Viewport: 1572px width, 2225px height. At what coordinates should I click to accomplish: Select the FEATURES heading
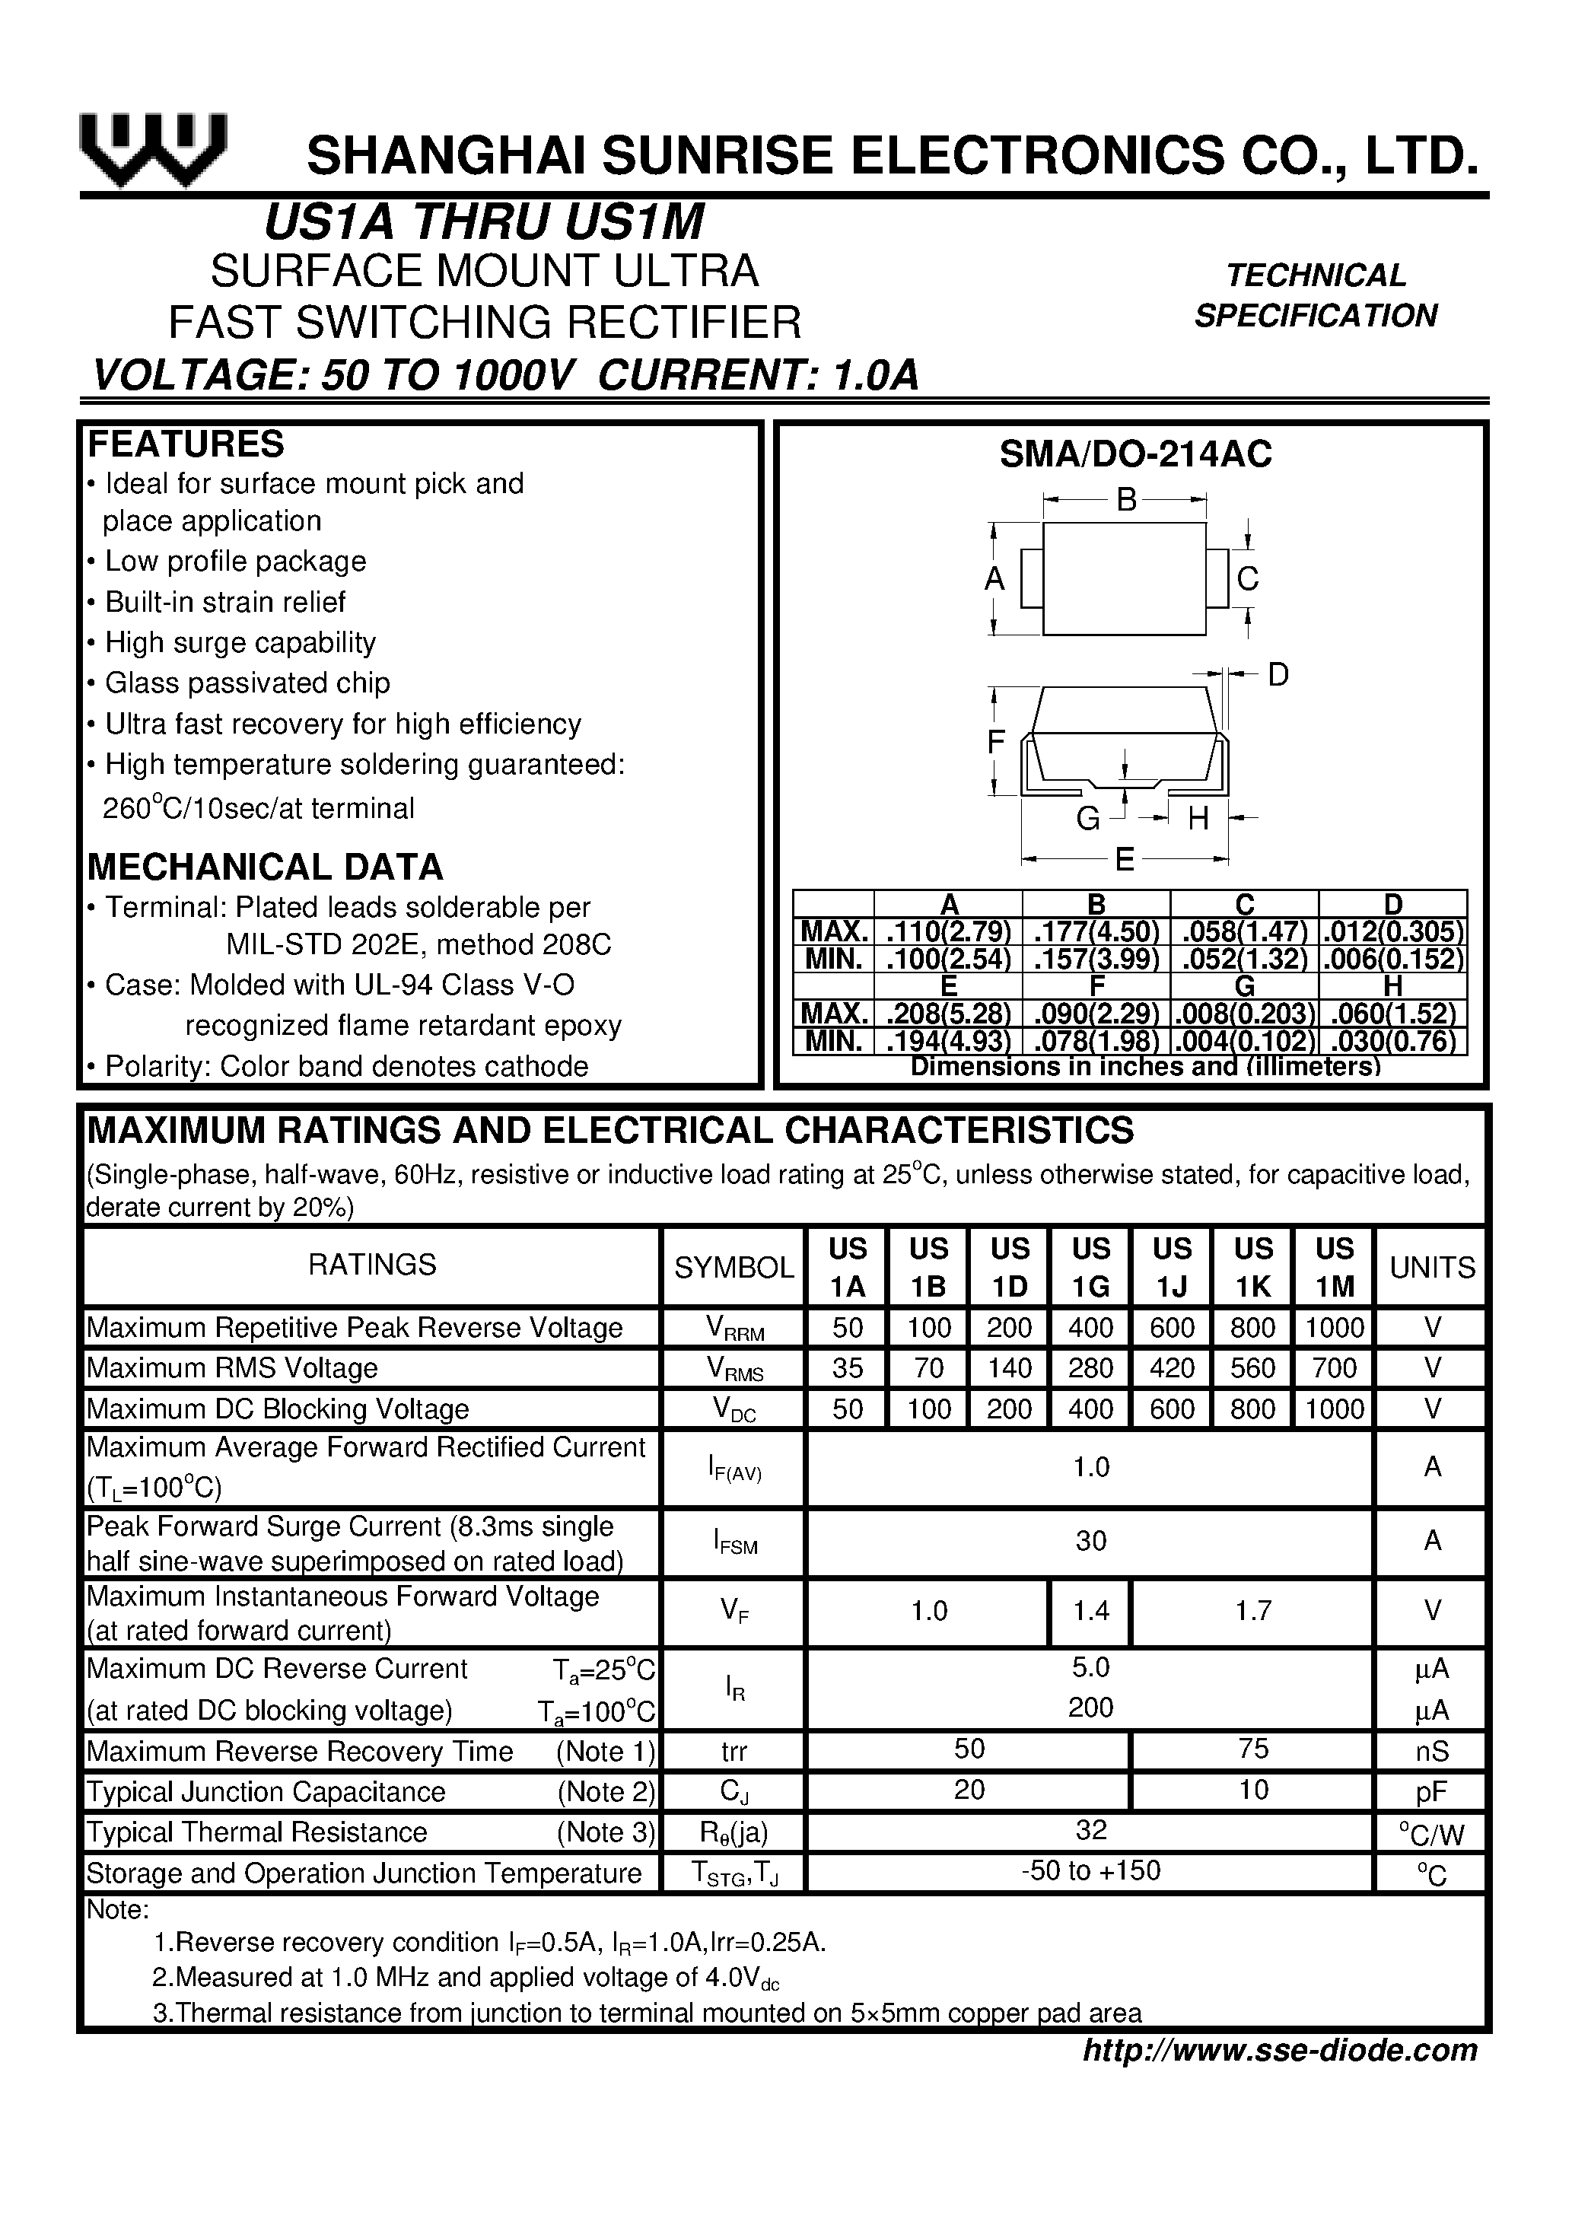click(186, 444)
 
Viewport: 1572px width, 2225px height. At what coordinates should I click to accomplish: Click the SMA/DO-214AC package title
click(1135, 454)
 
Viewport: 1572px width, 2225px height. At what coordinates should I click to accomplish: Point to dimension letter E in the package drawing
click(1125, 858)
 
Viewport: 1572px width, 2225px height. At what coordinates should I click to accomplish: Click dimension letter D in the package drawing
click(1278, 674)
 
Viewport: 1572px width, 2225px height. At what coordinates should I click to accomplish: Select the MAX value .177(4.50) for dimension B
click(1096, 932)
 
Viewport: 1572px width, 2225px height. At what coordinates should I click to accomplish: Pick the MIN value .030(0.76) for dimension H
click(1392, 1042)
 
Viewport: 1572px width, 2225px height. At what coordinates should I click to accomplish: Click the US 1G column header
click(1090, 1266)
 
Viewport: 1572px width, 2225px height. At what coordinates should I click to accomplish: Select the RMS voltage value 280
click(1090, 1367)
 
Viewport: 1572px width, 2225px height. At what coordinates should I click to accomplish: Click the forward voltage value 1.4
click(1090, 1611)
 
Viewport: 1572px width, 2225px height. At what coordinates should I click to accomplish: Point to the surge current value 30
click(1090, 1541)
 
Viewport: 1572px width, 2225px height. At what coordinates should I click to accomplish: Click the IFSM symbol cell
click(733, 1542)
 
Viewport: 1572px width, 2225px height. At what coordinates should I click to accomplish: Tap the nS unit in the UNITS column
click(1431, 1751)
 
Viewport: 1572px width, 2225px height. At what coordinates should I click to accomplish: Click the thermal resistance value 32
click(1090, 1829)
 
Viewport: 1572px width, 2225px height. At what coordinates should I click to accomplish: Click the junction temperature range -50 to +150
click(1090, 1870)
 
